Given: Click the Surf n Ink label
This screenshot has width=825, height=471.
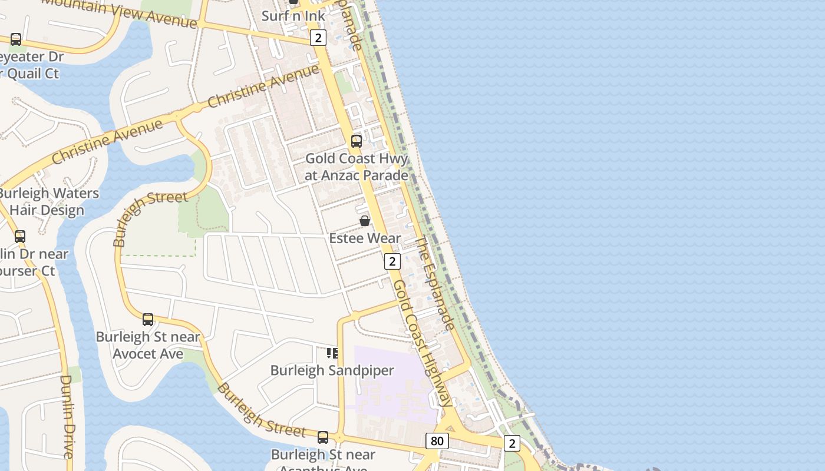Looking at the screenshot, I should click(x=293, y=16).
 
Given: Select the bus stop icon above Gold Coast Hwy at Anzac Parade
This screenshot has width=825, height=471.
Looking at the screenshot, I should click(x=357, y=141).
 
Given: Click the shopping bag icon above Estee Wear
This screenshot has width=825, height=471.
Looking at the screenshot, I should click(x=365, y=221).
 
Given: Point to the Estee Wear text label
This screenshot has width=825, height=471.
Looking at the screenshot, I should click(x=365, y=238).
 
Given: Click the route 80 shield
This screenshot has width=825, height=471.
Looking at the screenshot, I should click(x=437, y=441).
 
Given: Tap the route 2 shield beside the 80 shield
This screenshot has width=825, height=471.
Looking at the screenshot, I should click(x=511, y=443).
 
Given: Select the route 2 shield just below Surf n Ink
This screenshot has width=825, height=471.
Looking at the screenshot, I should click(x=318, y=38).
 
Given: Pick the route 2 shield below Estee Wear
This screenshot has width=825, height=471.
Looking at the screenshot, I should click(x=392, y=261).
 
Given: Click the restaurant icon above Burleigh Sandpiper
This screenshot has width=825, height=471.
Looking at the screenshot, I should click(x=332, y=353).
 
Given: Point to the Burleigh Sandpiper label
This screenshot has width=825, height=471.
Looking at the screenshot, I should click(x=332, y=370).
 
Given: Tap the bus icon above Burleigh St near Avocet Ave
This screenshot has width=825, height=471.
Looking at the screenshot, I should click(x=148, y=320).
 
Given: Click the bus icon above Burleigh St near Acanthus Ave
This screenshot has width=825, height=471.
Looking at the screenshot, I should click(x=323, y=437).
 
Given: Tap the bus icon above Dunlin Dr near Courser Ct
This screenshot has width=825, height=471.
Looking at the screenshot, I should click(x=20, y=237).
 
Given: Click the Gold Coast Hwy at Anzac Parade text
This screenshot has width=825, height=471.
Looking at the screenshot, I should click(x=357, y=167).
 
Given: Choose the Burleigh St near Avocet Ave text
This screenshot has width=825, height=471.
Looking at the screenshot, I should click(x=148, y=345).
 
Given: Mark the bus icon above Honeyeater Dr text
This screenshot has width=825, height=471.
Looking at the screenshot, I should click(x=16, y=39).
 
